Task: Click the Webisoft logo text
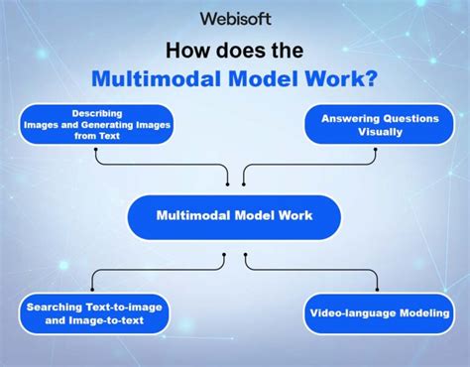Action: tap(235, 18)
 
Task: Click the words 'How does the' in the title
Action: tap(235, 50)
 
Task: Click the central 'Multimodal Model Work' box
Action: tap(234, 214)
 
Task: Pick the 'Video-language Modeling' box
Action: tap(379, 313)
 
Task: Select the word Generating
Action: tap(119, 125)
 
